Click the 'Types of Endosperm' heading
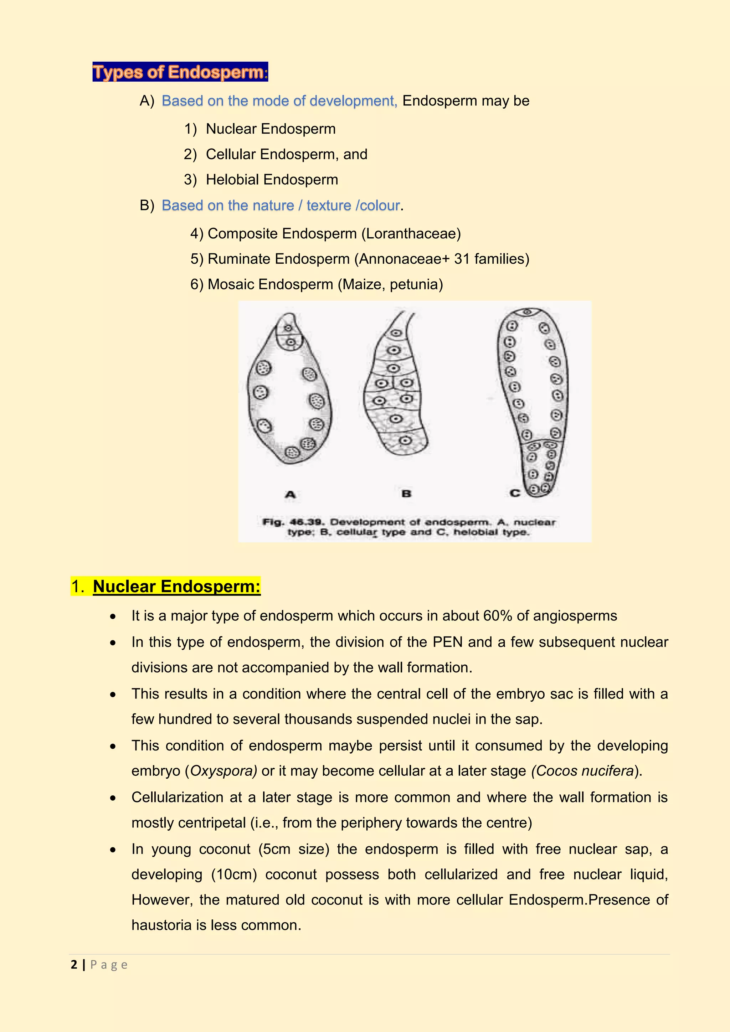(x=180, y=72)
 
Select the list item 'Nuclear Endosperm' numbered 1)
(x=270, y=129)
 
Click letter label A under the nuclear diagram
(x=291, y=494)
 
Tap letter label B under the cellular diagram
(x=406, y=494)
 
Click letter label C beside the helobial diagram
(x=515, y=493)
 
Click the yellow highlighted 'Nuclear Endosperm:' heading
(x=176, y=587)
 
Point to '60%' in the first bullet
(x=498, y=616)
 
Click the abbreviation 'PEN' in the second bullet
(x=447, y=642)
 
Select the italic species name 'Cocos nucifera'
(x=584, y=771)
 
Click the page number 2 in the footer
(x=74, y=965)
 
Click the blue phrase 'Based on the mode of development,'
(x=279, y=101)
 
